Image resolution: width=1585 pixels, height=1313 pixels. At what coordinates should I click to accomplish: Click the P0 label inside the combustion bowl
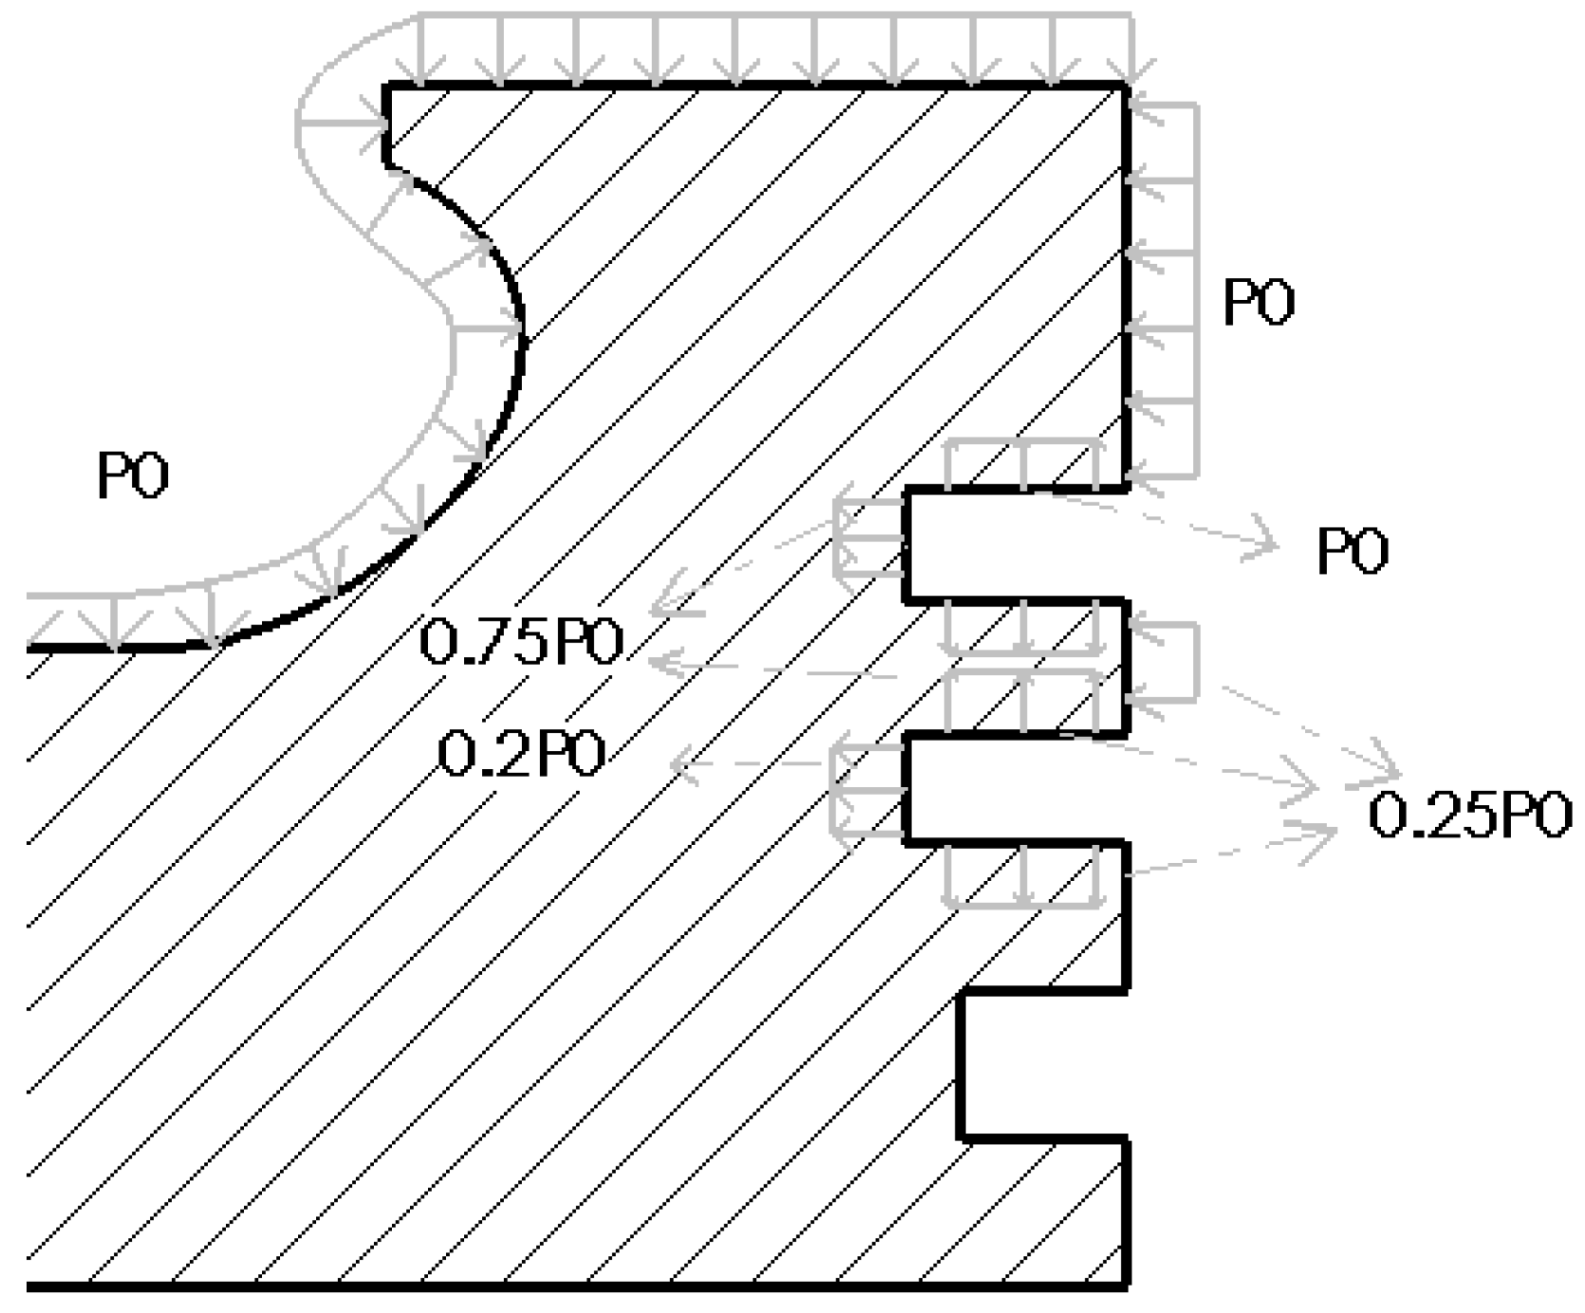133,476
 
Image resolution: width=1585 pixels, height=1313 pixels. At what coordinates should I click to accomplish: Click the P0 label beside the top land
1259,303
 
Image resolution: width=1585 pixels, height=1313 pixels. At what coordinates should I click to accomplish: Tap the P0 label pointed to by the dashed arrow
1352,552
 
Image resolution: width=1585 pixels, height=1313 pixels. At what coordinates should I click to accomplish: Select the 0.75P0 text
521,643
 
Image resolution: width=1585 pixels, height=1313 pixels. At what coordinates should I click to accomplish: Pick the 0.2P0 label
522,757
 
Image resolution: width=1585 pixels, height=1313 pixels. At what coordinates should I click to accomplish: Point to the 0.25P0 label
1469,816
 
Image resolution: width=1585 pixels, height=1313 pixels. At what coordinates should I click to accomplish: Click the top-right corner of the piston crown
1126,86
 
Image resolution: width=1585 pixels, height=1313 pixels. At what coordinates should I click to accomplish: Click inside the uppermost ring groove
1016,545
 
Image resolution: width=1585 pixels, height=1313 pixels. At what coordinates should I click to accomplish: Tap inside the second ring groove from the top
1016,788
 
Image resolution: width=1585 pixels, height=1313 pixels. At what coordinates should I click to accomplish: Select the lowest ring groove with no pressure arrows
1044,1063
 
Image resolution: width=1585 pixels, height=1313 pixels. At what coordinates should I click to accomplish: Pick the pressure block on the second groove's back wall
867,790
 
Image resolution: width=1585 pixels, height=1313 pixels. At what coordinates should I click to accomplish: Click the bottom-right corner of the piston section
1126,1286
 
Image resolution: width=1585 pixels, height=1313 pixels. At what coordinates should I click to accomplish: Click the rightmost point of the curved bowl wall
522,332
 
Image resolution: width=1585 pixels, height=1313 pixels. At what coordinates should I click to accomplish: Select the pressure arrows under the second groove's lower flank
1023,873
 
